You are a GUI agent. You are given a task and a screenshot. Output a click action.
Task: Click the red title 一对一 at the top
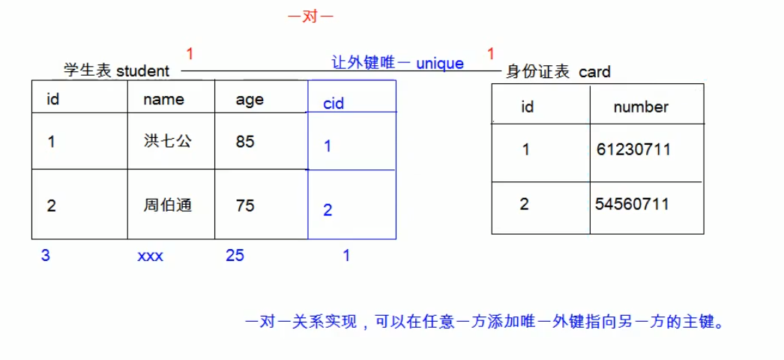tap(310, 16)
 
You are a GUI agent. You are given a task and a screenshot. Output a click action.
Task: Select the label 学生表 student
tap(117, 71)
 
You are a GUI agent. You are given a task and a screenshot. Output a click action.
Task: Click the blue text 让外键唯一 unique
tap(398, 64)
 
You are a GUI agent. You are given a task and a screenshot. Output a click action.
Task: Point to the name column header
tap(163, 99)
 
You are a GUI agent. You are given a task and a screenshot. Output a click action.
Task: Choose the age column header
tap(250, 100)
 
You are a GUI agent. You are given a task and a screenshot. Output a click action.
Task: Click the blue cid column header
tap(334, 103)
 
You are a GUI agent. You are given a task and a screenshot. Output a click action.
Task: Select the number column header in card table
tap(640, 106)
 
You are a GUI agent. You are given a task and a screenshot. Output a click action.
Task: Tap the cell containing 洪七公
tap(168, 140)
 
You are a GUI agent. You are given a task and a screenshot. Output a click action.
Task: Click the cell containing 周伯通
tap(168, 205)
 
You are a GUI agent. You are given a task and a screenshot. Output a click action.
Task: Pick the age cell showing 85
tap(245, 141)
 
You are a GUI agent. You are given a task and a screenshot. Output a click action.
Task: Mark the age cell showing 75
tap(245, 205)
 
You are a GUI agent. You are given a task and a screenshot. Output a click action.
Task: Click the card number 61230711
tap(633, 149)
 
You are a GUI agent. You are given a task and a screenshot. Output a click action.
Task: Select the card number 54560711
tap(632, 204)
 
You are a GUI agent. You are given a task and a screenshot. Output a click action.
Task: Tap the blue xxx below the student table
tap(150, 256)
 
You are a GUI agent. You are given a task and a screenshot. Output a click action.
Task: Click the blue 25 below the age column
tap(235, 256)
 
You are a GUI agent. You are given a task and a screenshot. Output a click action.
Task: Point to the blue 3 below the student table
tap(46, 256)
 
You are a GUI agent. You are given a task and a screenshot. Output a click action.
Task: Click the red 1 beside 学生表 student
tap(190, 54)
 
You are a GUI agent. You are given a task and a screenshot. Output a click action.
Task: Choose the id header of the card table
tap(527, 107)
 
